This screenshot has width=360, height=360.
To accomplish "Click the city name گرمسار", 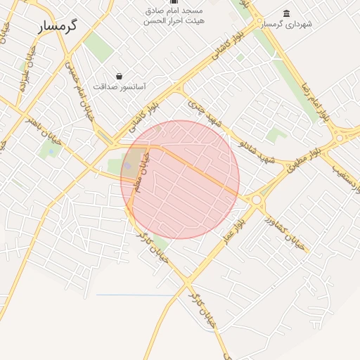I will point(57,25).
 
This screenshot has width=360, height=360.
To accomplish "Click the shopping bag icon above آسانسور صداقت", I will point(119,76).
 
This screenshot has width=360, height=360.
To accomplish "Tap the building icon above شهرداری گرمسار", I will point(285,13).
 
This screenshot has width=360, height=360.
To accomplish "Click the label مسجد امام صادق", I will point(174,11).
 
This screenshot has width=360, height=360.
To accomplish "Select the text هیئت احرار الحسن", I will point(174,21).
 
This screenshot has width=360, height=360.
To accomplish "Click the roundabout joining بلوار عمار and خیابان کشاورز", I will point(256,200).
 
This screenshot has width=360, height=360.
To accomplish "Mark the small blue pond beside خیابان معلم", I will point(128,166).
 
